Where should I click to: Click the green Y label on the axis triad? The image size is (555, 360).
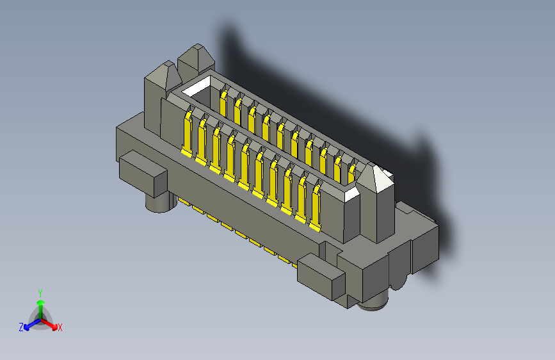tap(40, 291)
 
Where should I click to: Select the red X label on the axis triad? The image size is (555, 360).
tap(60, 328)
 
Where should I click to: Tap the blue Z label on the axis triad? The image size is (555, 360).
tap(21, 327)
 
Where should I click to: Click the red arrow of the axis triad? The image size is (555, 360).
tap(51, 323)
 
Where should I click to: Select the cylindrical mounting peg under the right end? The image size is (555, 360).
tap(373, 304)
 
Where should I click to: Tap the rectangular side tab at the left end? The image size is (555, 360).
tap(143, 174)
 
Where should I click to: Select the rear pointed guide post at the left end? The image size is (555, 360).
tap(195, 61)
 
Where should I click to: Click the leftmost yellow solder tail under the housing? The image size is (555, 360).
tap(184, 202)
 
